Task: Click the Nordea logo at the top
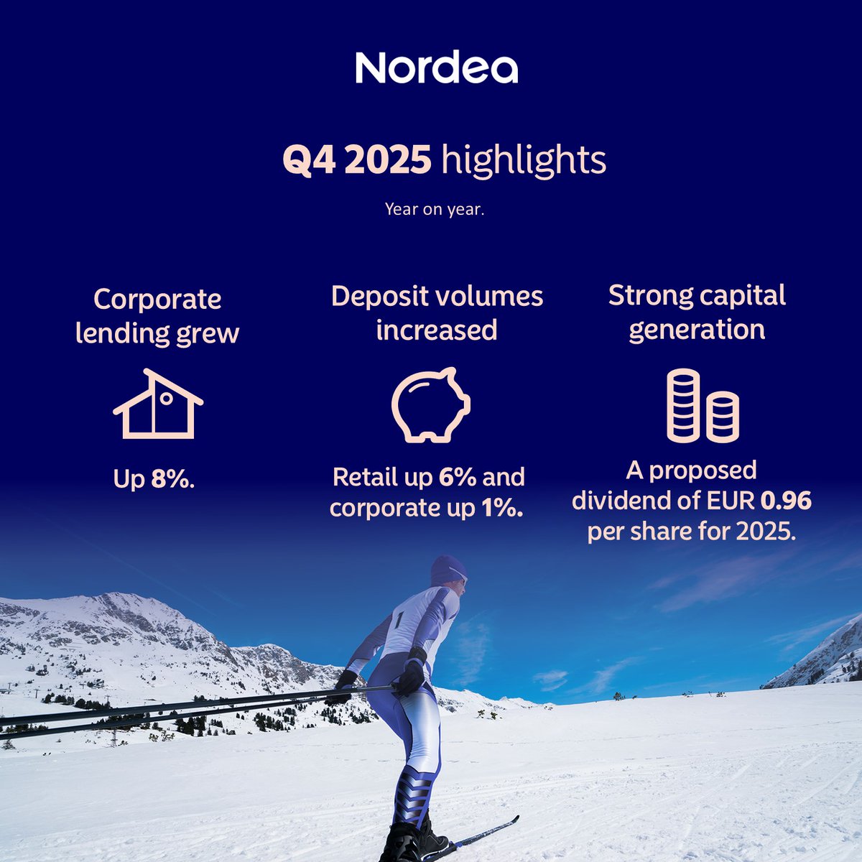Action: click(436, 68)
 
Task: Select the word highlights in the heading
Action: click(524, 161)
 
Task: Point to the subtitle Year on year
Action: click(435, 209)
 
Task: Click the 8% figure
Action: click(172, 479)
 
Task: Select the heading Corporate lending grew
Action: click(157, 316)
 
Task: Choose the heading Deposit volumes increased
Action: click(437, 312)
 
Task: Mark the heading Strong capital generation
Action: click(697, 312)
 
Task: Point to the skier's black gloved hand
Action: click(412, 675)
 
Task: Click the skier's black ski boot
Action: click(406, 840)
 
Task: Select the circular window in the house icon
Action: click(166, 397)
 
